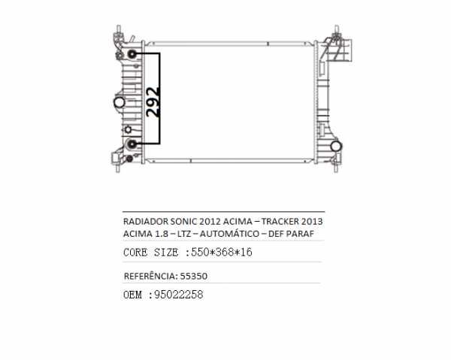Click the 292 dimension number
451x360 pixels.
(x=153, y=102)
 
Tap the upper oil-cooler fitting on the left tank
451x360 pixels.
(x=132, y=54)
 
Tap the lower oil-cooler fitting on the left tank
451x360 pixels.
(x=132, y=144)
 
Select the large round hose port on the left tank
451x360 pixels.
(x=119, y=102)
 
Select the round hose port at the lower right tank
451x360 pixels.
(x=336, y=146)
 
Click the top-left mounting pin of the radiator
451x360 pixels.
(x=118, y=29)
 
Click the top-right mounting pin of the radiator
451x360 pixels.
(x=337, y=29)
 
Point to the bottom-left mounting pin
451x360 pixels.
(x=118, y=168)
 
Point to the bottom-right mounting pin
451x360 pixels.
(x=336, y=168)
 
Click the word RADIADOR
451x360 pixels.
(x=146, y=222)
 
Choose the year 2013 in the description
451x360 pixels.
(x=312, y=222)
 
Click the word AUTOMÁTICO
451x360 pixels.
(x=229, y=234)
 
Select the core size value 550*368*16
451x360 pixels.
(x=222, y=253)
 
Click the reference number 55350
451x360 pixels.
(x=194, y=277)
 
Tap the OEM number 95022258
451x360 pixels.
(x=179, y=295)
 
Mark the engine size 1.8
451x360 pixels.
(x=162, y=234)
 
